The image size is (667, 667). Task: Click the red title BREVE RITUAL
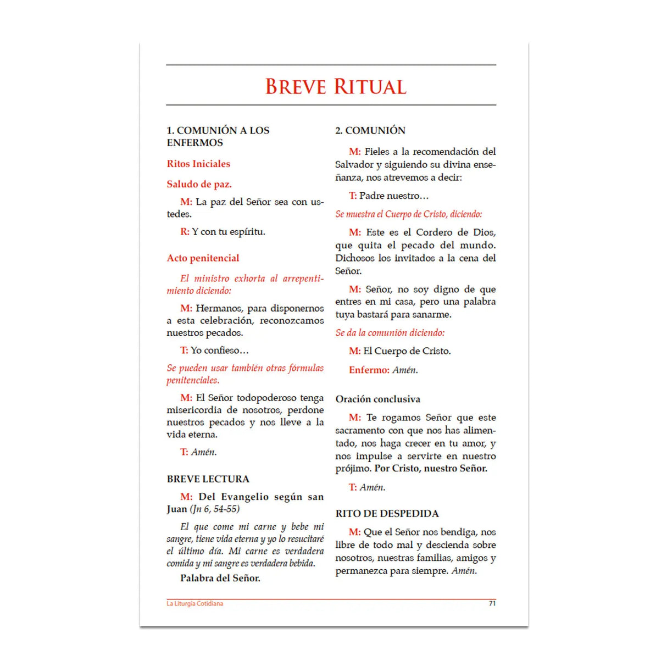(x=336, y=87)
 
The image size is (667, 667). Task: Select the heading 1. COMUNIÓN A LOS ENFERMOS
(x=218, y=136)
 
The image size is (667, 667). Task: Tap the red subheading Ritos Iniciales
(x=198, y=164)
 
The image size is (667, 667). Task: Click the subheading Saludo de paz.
(x=199, y=184)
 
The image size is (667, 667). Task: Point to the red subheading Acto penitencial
(x=203, y=258)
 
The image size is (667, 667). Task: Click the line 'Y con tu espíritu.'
(x=228, y=232)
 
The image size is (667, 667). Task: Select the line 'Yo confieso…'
(x=219, y=351)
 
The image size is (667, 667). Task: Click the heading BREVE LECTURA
(x=208, y=479)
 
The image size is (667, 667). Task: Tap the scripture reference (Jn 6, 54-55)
(x=215, y=509)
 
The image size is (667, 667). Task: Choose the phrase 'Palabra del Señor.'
(x=220, y=578)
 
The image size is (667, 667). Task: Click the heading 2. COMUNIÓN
(x=370, y=130)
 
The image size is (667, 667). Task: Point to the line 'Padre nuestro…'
(x=393, y=196)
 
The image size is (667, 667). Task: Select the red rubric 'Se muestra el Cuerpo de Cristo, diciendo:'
(x=409, y=214)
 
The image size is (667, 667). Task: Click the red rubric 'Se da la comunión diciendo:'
(x=390, y=333)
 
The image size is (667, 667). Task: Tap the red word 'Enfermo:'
(x=369, y=370)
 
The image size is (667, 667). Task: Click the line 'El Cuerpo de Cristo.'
(x=407, y=351)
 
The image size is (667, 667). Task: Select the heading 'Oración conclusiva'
(x=377, y=399)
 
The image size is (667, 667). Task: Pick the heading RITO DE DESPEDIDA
(x=387, y=514)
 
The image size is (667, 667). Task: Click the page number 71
(x=492, y=603)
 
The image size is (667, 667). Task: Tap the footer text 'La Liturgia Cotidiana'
(x=195, y=604)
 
